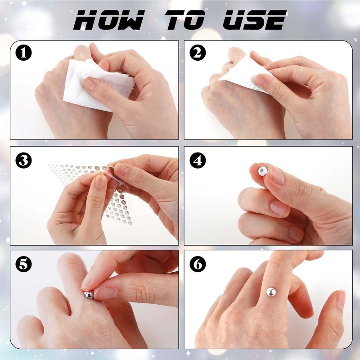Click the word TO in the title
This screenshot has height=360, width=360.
(185, 20)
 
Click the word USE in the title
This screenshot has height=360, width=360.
(254, 20)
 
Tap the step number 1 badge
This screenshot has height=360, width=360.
(23, 53)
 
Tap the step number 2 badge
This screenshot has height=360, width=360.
(198, 53)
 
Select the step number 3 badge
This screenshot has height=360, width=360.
(23, 160)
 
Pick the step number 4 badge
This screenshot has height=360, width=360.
(198, 160)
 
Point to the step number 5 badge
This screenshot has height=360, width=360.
(23, 264)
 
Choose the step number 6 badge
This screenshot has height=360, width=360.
(198, 264)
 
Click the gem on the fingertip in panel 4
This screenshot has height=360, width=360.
(262, 171)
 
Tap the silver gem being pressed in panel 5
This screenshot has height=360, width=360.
(88, 295)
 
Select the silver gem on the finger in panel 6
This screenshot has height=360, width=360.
(271, 292)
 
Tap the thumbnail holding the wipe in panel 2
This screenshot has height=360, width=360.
(261, 81)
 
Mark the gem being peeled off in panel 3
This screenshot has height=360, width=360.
(111, 168)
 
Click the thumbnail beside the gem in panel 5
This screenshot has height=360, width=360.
(106, 293)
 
